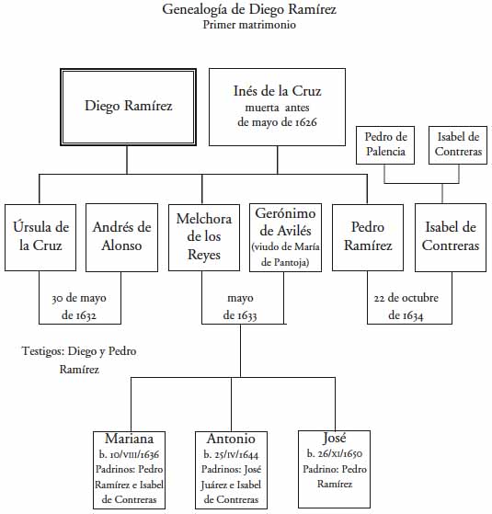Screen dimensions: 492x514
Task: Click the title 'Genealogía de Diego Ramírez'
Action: pyautogui.click(x=249, y=10)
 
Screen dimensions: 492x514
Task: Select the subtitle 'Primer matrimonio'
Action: pyautogui.click(x=249, y=25)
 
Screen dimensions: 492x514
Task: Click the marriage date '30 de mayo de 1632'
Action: pyautogui.click(x=79, y=306)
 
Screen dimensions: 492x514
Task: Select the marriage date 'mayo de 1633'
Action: pyautogui.click(x=240, y=306)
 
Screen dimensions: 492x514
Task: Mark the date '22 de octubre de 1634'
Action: pyautogui.click(x=406, y=306)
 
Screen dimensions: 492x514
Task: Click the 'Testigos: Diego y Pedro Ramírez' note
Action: pyautogui.click(x=79, y=360)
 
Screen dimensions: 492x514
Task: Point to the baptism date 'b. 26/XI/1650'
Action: pyautogui.click(x=335, y=453)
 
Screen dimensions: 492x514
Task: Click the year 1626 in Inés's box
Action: pyautogui.click(x=306, y=122)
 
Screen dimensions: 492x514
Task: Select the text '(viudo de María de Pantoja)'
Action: pyautogui.click(x=285, y=255)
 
